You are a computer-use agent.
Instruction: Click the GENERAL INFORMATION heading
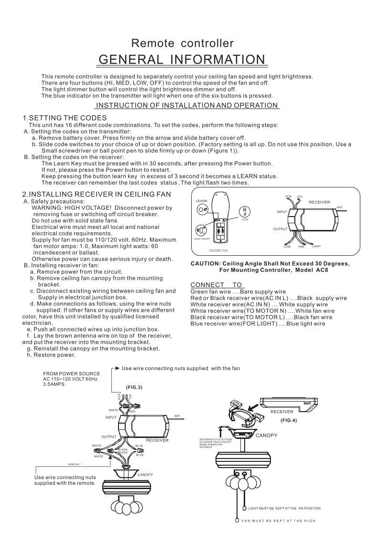(182, 59)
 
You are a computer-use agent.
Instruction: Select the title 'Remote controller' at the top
(183, 44)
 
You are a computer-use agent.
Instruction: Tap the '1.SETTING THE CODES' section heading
(65, 118)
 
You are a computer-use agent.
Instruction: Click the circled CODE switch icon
(245, 210)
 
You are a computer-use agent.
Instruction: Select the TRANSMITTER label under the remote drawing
(218, 251)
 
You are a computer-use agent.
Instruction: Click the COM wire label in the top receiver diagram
(287, 246)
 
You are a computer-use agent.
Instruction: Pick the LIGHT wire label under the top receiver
(316, 246)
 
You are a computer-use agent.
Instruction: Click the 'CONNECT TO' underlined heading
(216, 285)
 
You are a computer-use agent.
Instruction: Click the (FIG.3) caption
(134, 387)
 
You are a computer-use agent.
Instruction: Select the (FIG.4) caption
(288, 420)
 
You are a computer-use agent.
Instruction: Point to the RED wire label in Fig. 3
(132, 411)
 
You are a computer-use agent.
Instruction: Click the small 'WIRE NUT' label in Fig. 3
(75, 464)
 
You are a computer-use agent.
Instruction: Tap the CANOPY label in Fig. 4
(266, 436)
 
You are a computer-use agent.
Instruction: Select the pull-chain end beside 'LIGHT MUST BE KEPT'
(245, 509)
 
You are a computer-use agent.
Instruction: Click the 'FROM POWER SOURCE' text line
(72, 374)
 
